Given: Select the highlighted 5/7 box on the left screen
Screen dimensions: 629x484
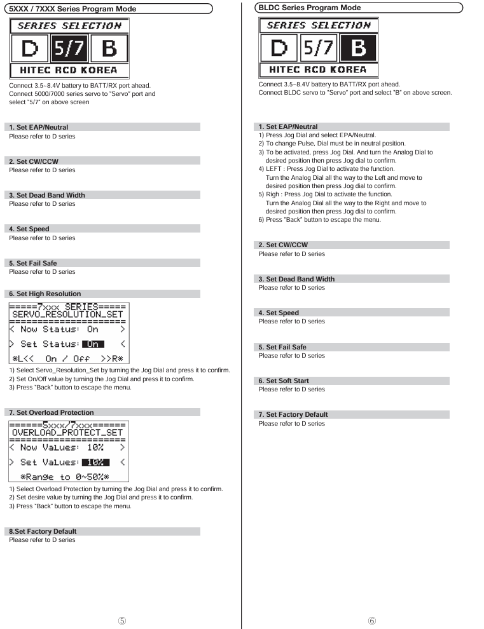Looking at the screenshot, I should pos(69,49).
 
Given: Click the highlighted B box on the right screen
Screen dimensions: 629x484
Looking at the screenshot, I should pos(357,48).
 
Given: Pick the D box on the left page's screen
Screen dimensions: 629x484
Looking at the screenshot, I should pos(29,49).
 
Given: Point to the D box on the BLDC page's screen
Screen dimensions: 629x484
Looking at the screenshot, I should pos(279,48).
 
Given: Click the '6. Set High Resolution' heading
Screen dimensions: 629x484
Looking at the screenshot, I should pos(45,294).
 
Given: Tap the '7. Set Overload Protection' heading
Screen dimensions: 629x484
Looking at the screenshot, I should pos(52,412).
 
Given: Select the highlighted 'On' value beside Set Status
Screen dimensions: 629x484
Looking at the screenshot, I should pos(93,344).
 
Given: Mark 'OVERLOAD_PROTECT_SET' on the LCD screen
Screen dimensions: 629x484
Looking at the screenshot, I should pos(68,433).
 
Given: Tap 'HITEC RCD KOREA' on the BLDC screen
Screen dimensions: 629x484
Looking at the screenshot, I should pos(318,70).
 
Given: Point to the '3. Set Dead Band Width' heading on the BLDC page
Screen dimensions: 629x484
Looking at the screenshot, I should pos(296,279).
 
